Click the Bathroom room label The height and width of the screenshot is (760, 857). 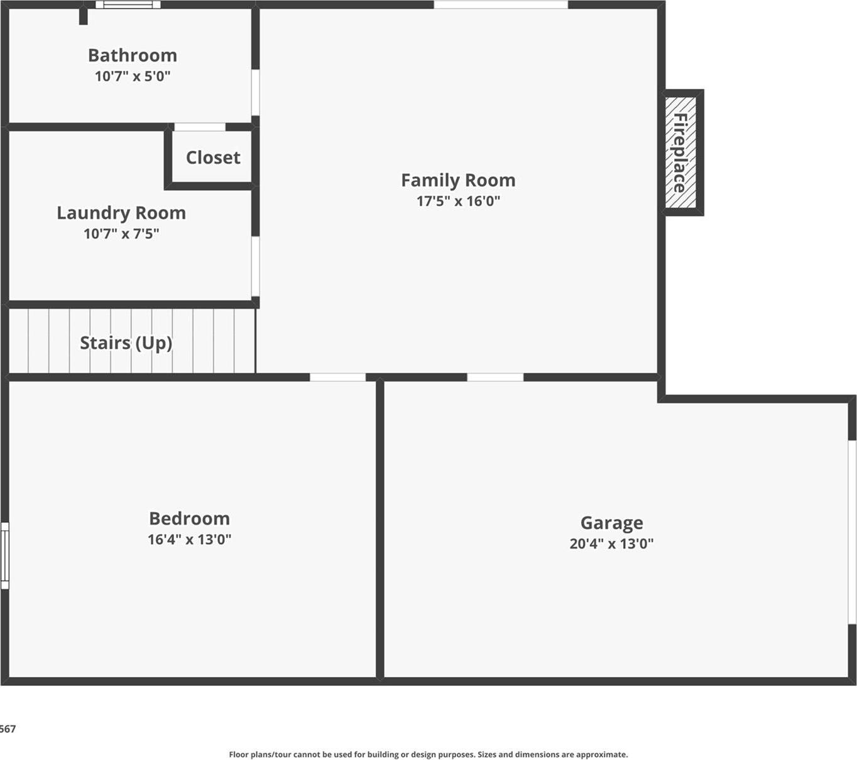pos(132,55)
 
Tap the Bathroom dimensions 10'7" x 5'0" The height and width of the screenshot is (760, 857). pos(132,76)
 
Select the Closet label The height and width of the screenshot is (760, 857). pos(213,158)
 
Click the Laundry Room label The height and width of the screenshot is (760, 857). pos(121,213)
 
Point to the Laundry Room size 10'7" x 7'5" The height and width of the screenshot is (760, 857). pos(121,233)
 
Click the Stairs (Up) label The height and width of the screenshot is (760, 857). pos(126,343)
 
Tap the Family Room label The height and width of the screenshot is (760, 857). pos(458,180)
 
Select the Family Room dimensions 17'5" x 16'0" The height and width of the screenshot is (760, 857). pos(458,201)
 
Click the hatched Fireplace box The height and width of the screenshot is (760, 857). pos(681,153)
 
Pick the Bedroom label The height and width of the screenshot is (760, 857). pos(189,518)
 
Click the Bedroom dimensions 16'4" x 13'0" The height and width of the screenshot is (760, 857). pos(189,539)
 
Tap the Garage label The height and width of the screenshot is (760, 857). pos(611,523)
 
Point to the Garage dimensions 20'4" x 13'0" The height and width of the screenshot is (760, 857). pos(611,543)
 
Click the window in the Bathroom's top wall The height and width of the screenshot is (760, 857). pos(128,5)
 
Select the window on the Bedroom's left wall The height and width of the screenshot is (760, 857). pos(4,555)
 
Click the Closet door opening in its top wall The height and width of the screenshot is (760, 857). pos(200,127)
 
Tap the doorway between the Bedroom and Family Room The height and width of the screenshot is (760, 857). pos(337,377)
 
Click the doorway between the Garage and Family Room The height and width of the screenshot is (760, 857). pos(495,377)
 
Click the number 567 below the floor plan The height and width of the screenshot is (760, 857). pos(8,729)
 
